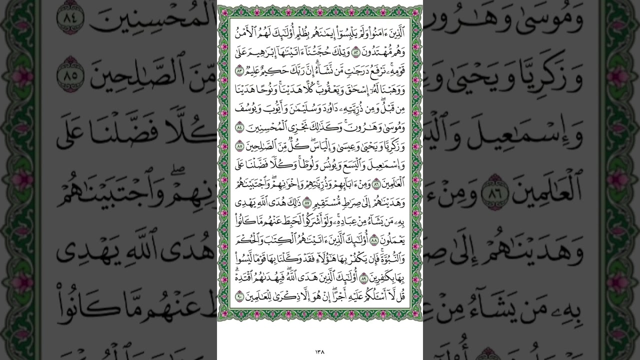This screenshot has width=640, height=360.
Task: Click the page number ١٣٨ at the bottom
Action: click(320, 351)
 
